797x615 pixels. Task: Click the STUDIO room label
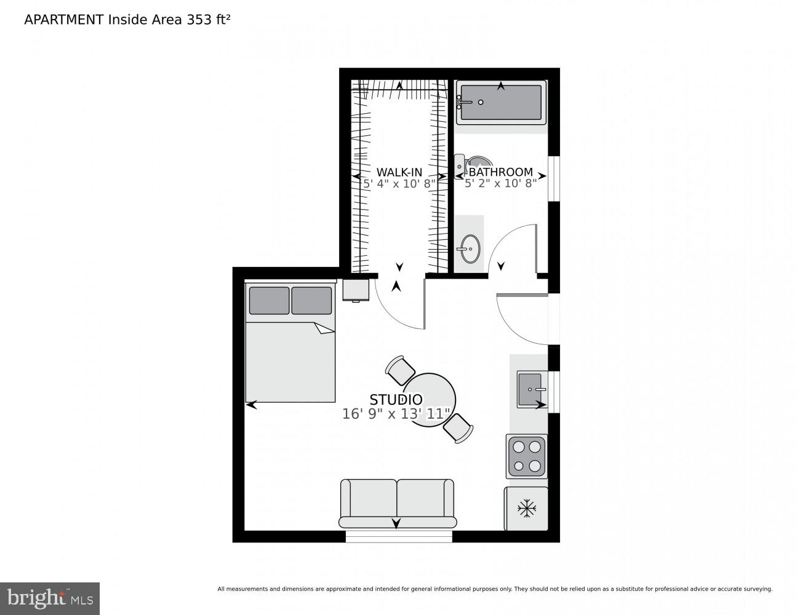tap(396, 400)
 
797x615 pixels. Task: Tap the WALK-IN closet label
tap(399, 172)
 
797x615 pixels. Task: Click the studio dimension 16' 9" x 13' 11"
tap(396, 415)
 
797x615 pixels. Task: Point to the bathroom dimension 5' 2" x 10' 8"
tap(500, 183)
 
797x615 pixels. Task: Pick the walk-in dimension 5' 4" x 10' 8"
tap(399, 183)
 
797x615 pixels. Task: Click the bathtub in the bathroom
tap(500, 102)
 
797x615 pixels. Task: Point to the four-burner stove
tap(527, 457)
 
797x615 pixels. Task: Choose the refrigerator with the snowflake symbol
tap(527, 509)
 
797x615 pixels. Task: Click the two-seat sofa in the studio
tap(398, 503)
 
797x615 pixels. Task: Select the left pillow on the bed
tap(269, 300)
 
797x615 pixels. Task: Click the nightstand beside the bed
tap(356, 290)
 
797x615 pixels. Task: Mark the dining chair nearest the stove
tap(459, 428)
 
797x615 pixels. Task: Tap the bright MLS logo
tap(50, 598)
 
